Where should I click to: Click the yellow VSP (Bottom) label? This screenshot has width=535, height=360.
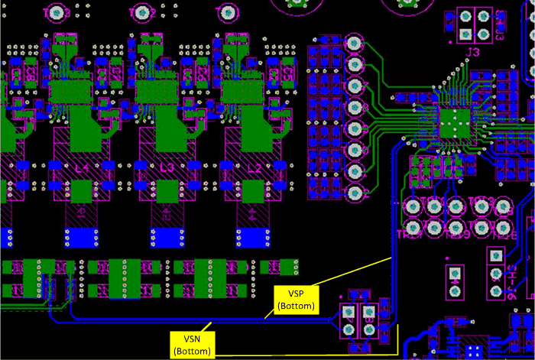tap(296, 299)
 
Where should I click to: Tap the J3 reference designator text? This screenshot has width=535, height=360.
tap(474, 52)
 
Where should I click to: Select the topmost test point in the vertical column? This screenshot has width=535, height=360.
tap(354, 44)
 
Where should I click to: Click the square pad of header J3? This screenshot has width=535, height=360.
tap(465, 34)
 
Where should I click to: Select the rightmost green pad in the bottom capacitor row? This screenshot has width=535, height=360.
tap(287, 266)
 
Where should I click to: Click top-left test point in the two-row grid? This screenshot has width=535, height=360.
tap(413, 206)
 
